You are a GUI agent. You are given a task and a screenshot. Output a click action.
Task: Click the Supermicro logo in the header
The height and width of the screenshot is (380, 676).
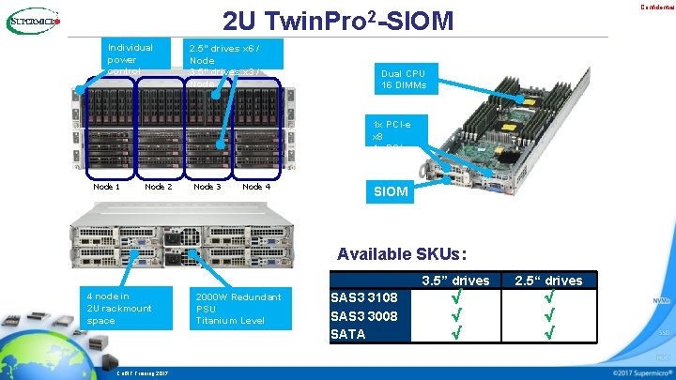pyautogui.click(x=33, y=21)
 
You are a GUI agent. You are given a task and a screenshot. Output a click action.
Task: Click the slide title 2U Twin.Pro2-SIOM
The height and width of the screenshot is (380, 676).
pyautogui.click(x=337, y=21)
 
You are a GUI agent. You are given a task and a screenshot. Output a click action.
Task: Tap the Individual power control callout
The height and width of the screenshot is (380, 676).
pyautogui.click(x=131, y=58)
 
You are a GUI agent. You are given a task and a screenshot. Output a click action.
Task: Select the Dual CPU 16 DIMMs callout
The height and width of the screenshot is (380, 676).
pyautogui.click(x=404, y=80)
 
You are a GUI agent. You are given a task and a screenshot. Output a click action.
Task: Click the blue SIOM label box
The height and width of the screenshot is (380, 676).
pyautogui.click(x=391, y=191)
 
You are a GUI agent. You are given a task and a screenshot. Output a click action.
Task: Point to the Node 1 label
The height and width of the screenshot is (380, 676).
pyautogui.click(x=107, y=187)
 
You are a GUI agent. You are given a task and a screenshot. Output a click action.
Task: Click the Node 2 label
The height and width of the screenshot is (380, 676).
pyautogui.click(x=158, y=187)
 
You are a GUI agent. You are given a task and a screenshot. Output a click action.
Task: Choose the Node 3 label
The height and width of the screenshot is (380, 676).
pyautogui.click(x=207, y=187)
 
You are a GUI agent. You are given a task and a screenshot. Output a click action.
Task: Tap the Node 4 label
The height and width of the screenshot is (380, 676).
pyautogui.click(x=256, y=187)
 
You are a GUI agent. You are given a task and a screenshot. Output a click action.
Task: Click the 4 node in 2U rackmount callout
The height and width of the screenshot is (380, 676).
pyautogui.click(x=118, y=308)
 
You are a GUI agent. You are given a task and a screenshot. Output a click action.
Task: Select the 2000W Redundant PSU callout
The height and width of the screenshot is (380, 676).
pyautogui.click(x=238, y=309)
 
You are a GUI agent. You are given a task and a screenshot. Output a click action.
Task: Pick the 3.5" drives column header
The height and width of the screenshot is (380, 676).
pyautogui.click(x=455, y=281)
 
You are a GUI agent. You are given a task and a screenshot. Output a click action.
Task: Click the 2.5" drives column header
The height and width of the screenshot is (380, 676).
pyautogui.click(x=549, y=281)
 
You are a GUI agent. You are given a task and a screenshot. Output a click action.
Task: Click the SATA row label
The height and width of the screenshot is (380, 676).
pyautogui.click(x=348, y=333)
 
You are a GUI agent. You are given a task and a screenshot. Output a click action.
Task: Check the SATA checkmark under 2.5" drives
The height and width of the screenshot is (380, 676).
pyautogui.click(x=549, y=332)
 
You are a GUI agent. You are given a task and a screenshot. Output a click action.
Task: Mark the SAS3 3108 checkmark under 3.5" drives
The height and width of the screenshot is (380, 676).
pyautogui.click(x=455, y=297)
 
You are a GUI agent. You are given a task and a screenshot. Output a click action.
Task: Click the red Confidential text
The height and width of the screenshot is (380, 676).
pyautogui.click(x=655, y=8)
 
